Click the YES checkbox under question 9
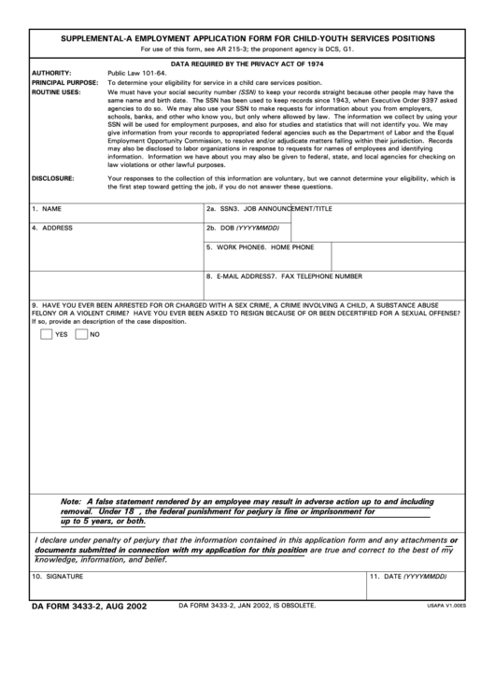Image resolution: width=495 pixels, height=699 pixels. [x=47, y=333]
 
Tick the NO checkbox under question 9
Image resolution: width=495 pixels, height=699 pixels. [x=81, y=333]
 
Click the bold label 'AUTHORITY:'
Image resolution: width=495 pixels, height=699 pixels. [x=52, y=72]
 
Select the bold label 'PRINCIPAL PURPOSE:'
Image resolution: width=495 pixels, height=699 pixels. [x=65, y=82]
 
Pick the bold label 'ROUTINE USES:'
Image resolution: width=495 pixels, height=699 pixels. [x=57, y=92]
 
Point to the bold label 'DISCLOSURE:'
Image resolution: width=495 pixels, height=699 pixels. [x=53, y=177]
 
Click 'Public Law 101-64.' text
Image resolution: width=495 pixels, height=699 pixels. [x=137, y=72]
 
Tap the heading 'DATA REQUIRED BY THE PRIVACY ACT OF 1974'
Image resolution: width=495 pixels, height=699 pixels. [x=247, y=61]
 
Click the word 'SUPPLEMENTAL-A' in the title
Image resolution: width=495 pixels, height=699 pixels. [x=98, y=39]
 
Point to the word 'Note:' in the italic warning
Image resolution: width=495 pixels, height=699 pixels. [x=71, y=501]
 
